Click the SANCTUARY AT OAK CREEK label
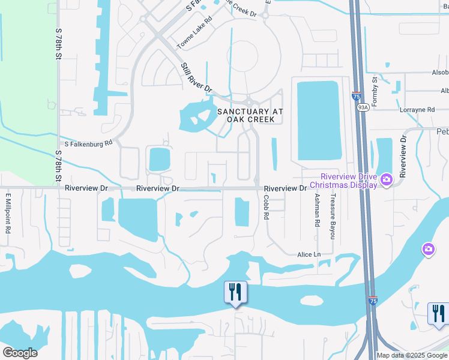[x=246, y=115]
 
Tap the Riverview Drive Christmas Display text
[x=349, y=181]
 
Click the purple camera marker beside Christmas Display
[x=387, y=179]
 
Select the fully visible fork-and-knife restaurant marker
[x=235, y=292]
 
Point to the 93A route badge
[x=363, y=107]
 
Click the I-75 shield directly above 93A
[x=357, y=95]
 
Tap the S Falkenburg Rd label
[x=88, y=144]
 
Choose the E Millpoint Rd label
[x=8, y=213]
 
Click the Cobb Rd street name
[x=265, y=210]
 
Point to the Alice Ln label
[x=309, y=254]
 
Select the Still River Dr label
[x=196, y=77]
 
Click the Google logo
[x=20, y=353]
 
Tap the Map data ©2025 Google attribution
[x=411, y=355]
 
